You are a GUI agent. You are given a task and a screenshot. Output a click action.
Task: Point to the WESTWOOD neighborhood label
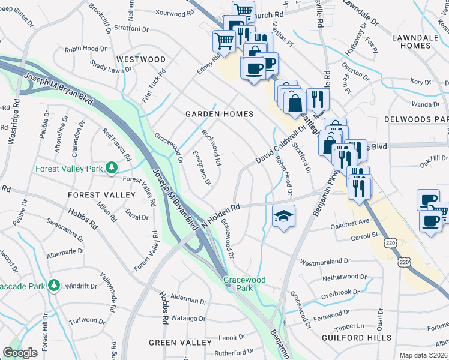coord(141,59)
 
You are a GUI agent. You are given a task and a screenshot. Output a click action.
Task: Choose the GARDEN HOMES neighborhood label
coord(219,113)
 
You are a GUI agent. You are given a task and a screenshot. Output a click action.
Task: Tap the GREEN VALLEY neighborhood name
coord(180,343)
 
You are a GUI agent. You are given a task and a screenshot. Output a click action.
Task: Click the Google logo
coord(20,353)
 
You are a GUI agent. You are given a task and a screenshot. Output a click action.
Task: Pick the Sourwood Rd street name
coord(175,12)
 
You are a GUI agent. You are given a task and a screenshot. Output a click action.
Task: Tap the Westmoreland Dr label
coord(325,262)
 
